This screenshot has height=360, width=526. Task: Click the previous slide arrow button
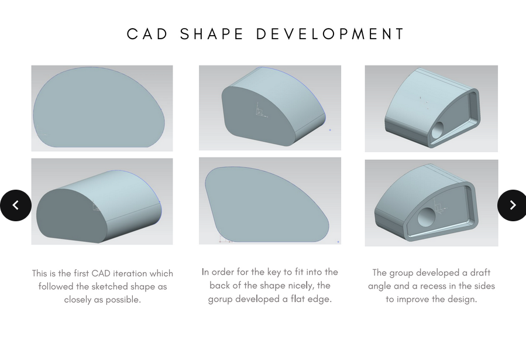click(16, 205)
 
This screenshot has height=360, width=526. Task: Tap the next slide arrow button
click(511, 205)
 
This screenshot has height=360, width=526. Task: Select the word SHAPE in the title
click(211, 34)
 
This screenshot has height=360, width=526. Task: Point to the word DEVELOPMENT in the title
click(331, 34)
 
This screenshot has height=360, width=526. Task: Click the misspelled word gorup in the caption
click(220, 299)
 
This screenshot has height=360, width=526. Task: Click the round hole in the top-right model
click(438, 130)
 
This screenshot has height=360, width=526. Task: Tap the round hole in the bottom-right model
click(427, 217)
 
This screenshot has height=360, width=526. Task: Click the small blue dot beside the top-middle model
click(330, 130)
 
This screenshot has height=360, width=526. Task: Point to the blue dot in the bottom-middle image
click(338, 242)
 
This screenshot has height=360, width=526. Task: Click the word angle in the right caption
click(380, 286)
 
